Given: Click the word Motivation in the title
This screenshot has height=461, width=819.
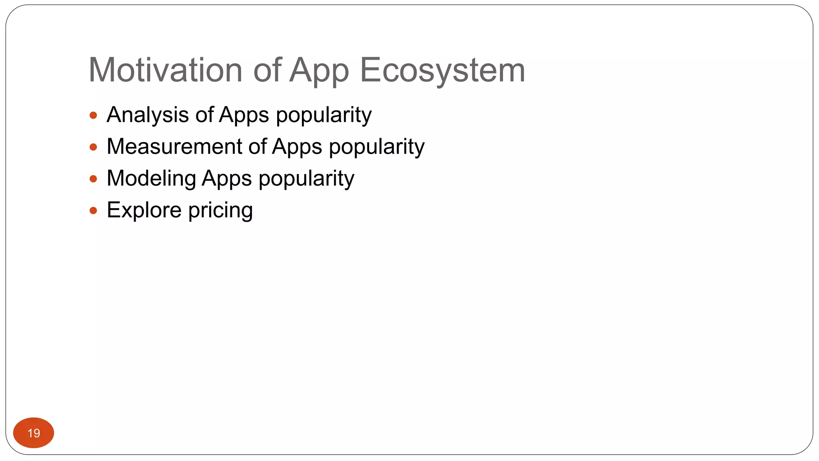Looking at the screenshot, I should pyautogui.click(x=165, y=70).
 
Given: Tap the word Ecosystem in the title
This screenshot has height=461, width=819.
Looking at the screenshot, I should pyautogui.click(x=442, y=70).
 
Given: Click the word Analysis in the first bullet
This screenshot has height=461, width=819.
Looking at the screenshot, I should pyautogui.click(x=148, y=115).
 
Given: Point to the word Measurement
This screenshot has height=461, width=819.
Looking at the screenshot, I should pyautogui.click(x=174, y=146).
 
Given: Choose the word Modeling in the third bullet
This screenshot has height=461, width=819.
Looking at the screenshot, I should pyautogui.click(x=151, y=178).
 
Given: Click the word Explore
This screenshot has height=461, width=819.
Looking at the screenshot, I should pyautogui.click(x=144, y=210).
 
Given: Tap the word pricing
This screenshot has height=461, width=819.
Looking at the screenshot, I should pyautogui.click(x=220, y=211).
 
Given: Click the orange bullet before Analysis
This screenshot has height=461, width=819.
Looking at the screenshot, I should pyautogui.click(x=94, y=116).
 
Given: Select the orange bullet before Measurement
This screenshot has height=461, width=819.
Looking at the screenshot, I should pyautogui.click(x=94, y=147).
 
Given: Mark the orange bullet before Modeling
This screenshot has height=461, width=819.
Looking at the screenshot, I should pyautogui.click(x=94, y=179).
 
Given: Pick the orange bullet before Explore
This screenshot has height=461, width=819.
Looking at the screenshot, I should pyautogui.click(x=94, y=210).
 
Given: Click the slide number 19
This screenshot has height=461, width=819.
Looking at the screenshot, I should pyautogui.click(x=34, y=433).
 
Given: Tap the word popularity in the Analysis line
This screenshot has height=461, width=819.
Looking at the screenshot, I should pyautogui.click(x=324, y=115).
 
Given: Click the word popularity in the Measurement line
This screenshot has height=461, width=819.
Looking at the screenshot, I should pyautogui.click(x=377, y=147).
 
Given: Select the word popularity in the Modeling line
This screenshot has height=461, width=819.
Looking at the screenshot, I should pyautogui.click(x=306, y=179).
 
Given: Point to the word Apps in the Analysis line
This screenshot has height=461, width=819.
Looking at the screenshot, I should pyautogui.click(x=244, y=115).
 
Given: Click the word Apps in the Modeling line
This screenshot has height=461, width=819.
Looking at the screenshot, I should pyautogui.click(x=227, y=179).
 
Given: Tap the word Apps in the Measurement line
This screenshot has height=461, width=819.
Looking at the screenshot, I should pyautogui.click(x=297, y=147).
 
